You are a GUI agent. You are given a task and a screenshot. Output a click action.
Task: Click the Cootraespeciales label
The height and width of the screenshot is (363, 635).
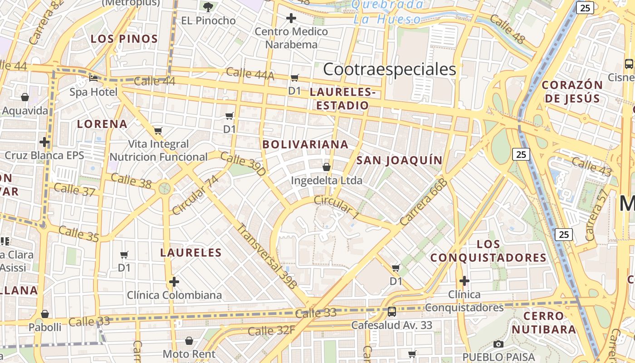[x=389, y=69]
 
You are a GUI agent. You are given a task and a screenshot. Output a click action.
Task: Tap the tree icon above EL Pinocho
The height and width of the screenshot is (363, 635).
[x=208, y=7]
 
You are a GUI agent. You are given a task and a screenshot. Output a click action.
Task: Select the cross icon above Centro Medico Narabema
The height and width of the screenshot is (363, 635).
[x=291, y=19]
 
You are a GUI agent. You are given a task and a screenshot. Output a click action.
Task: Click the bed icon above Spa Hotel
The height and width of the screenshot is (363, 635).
[x=93, y=78]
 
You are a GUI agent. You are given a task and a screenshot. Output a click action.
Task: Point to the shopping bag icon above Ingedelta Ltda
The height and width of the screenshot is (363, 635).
[x=326, y=167]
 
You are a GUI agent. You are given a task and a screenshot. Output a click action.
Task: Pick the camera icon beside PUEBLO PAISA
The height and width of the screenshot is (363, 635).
[x=498, y=344]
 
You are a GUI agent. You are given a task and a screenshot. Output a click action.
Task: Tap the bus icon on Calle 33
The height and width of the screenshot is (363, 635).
[x=392, y=312]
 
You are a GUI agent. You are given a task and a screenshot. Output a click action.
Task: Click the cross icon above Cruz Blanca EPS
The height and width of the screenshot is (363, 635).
[x=44, y=142]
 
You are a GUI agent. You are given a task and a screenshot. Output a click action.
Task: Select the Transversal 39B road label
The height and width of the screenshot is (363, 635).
[x=267, y=257]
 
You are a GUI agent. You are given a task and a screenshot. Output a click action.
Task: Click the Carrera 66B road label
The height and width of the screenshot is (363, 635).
[x=424, y=202]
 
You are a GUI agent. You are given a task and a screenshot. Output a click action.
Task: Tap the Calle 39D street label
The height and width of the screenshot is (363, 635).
[x=243, y=164]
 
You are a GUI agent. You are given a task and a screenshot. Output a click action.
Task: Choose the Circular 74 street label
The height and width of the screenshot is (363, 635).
[x=195, y=195]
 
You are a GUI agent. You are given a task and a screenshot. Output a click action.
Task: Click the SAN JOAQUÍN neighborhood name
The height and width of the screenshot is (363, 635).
[x=399, y=160]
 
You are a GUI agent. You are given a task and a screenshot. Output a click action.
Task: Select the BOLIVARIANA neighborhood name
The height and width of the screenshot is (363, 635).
[x=305, y=145]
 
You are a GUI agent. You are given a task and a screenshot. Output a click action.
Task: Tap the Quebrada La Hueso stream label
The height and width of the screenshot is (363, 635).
[x=388, y=12]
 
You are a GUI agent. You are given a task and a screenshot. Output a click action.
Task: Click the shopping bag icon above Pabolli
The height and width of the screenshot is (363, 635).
[x=45, y=314]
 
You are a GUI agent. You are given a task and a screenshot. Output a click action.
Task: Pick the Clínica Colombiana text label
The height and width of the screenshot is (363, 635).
[x=174, y=295]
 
